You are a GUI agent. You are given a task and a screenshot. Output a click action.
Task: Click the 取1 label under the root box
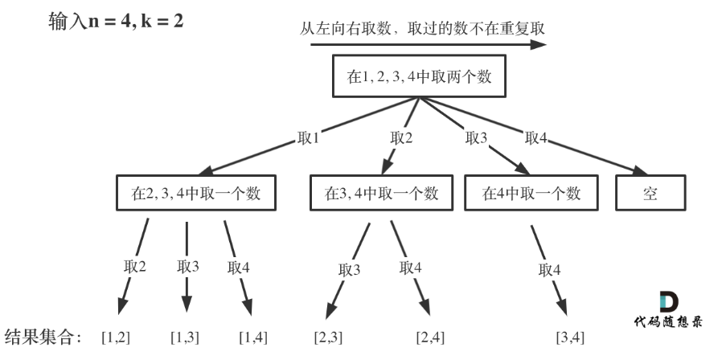[308, 138]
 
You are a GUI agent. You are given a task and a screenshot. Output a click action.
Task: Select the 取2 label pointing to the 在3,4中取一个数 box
[401, 137]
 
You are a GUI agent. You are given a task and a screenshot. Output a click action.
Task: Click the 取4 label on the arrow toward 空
[535, 138]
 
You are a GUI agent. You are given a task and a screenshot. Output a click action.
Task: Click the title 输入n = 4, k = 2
[116, 21]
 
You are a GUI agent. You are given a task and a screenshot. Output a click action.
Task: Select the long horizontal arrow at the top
[429, 44]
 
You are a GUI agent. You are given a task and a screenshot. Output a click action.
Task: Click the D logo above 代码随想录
[669, 302]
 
